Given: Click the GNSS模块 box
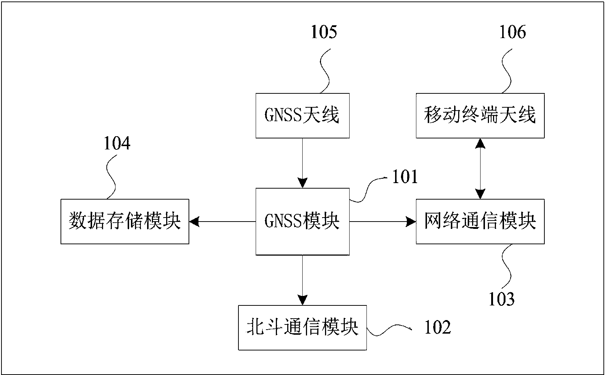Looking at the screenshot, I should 302,222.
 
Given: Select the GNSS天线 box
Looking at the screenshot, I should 302,116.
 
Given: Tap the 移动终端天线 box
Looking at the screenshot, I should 480,116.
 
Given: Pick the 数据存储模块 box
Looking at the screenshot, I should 125,222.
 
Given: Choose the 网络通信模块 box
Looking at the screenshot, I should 480,222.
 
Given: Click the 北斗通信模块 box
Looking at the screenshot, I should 302,327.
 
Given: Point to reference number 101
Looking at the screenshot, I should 405,178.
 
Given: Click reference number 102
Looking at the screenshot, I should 437,327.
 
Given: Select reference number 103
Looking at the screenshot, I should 501,299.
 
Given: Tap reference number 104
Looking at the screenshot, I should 117,143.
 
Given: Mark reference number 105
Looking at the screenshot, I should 324,32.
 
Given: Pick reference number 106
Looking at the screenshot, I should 512,32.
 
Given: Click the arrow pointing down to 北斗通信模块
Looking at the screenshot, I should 302,280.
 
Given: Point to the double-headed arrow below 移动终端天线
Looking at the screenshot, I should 480,168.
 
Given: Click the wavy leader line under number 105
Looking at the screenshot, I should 325,70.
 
